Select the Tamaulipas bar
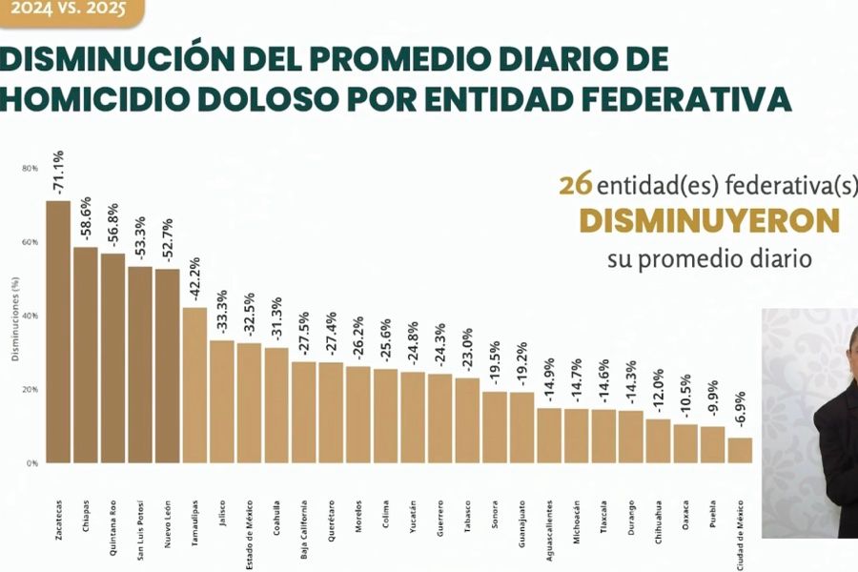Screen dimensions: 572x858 [x=194, y=385]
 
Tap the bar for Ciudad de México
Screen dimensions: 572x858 [x=740, y=450]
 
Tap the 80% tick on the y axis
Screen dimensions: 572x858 [x=31, y=169]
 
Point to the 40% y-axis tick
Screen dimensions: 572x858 [x=31, y=316]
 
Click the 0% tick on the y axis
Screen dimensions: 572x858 [x=32, y=463]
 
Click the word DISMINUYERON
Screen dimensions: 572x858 [x=709, y=221]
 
